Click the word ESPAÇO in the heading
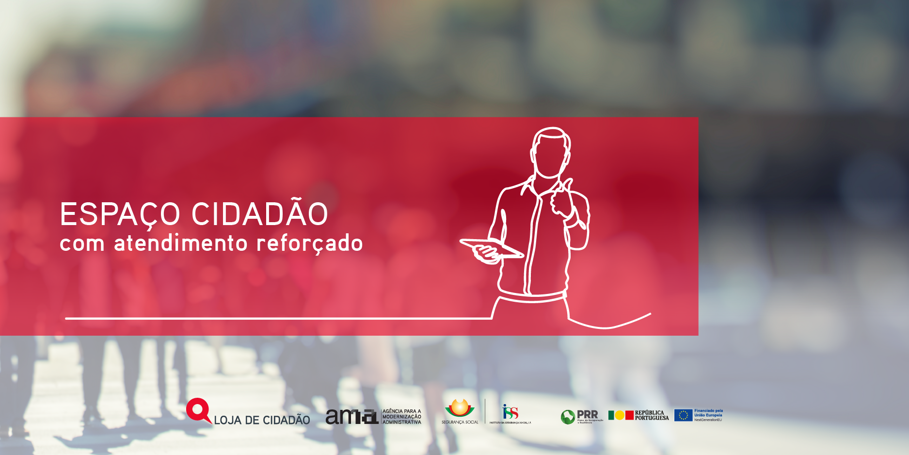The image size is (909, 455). pyautogui.click(x=120, y=214)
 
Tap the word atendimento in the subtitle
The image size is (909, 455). pyautogui.click(x=181, y=243)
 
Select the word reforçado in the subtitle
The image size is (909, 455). pyautogui.click(x=309, y=243)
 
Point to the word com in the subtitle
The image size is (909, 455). pyautogui.click(x=82, y=244)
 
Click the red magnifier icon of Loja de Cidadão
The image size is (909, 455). pyautogui.click(x=198, y=410)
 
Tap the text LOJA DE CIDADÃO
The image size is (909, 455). pyautogui.click(x=262, y=420)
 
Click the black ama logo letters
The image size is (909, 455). pyautogui.click(x=351, y=416)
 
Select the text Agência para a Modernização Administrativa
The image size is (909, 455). pyautogui.click(x=401, y=417)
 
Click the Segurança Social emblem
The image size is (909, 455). pyautogui.click(x=460, y=408)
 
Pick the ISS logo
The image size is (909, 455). pyautogui.click(x=510, y=412)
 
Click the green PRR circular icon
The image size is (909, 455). pyautogui.click(x=568, y=417)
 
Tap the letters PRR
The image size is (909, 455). pyautogui.click(x=588, y=415)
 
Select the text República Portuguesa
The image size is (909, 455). pyautogui.click(x=652, y=415)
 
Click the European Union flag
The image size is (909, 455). pyautogui.click(x=683, y=415)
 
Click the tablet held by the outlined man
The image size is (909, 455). pyautogui.click(x=491, y=247)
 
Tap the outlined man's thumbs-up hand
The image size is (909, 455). pyautogui.click(x=562, y=199)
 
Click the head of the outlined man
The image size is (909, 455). pyautogui.click(x=551, y=151)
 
